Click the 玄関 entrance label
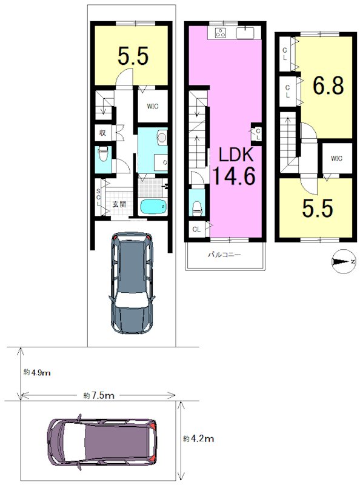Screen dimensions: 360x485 (x=119, y=204)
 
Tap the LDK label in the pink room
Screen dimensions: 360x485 (x=236, y=155)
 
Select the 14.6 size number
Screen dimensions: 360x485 (x=234, y=175)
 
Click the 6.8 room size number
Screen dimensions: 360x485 (x=328, y=85)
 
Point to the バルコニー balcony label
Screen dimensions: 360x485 (x=224, y=255)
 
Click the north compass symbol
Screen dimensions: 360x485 (x=343, y=261)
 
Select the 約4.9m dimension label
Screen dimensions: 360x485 (x=37, y=372)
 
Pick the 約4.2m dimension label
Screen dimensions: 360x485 (x=198, y=438)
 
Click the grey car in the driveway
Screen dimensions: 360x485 (x=132, y=282)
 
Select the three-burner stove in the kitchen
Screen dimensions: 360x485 (x=221, y=33)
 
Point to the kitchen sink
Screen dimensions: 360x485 (x=245, y=33)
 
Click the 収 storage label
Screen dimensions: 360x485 (x=102, y=133)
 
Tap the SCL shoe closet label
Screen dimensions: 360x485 (x=98, y=197)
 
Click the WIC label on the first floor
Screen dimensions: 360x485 (x=153, y=106)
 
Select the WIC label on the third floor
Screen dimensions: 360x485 (x=336, y=158)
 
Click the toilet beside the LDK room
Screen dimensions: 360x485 (x=197, y=208)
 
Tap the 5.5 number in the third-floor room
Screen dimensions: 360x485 (x=318, y=208)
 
